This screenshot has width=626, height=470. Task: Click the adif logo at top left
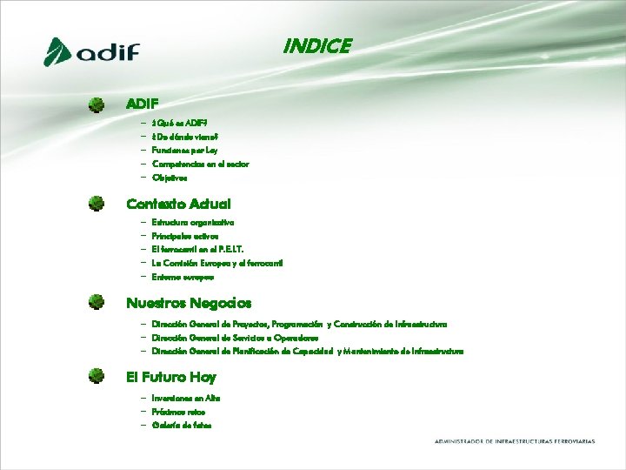point(91,52)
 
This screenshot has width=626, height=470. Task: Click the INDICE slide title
point(317,46)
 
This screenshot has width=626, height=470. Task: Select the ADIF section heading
point(143,104)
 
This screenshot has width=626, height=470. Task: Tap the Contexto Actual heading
point(178,204)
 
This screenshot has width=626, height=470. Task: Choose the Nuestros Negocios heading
point(189,303)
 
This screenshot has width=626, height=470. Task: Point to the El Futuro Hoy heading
point(171,377)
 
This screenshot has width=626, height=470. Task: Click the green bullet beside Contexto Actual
point(97,204)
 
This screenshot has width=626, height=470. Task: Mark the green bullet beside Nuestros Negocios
point(97,303)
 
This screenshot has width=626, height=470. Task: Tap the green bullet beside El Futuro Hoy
point(97,377)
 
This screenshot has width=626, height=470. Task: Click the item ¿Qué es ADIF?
point(179,124)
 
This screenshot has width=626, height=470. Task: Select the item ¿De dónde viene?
point(185,138)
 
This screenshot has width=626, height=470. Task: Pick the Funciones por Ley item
point(184,151)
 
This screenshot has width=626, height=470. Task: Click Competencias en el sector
point(200,164)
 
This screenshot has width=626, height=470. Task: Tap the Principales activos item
point(185,236)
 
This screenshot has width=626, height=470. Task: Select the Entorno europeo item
point(183,277)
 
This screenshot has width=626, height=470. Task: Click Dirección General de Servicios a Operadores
point(235,337)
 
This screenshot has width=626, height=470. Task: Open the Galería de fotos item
point(181,425)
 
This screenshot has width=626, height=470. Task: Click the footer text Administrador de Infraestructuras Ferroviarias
point(515,441)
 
